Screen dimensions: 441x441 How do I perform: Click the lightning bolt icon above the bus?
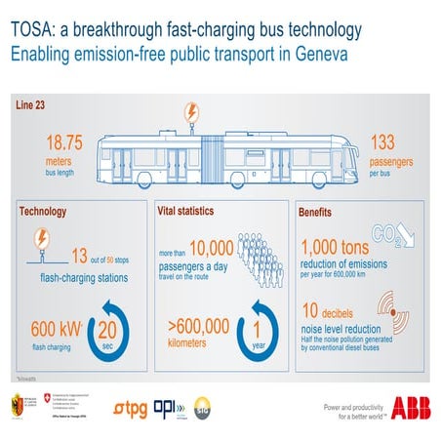[193, 111]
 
